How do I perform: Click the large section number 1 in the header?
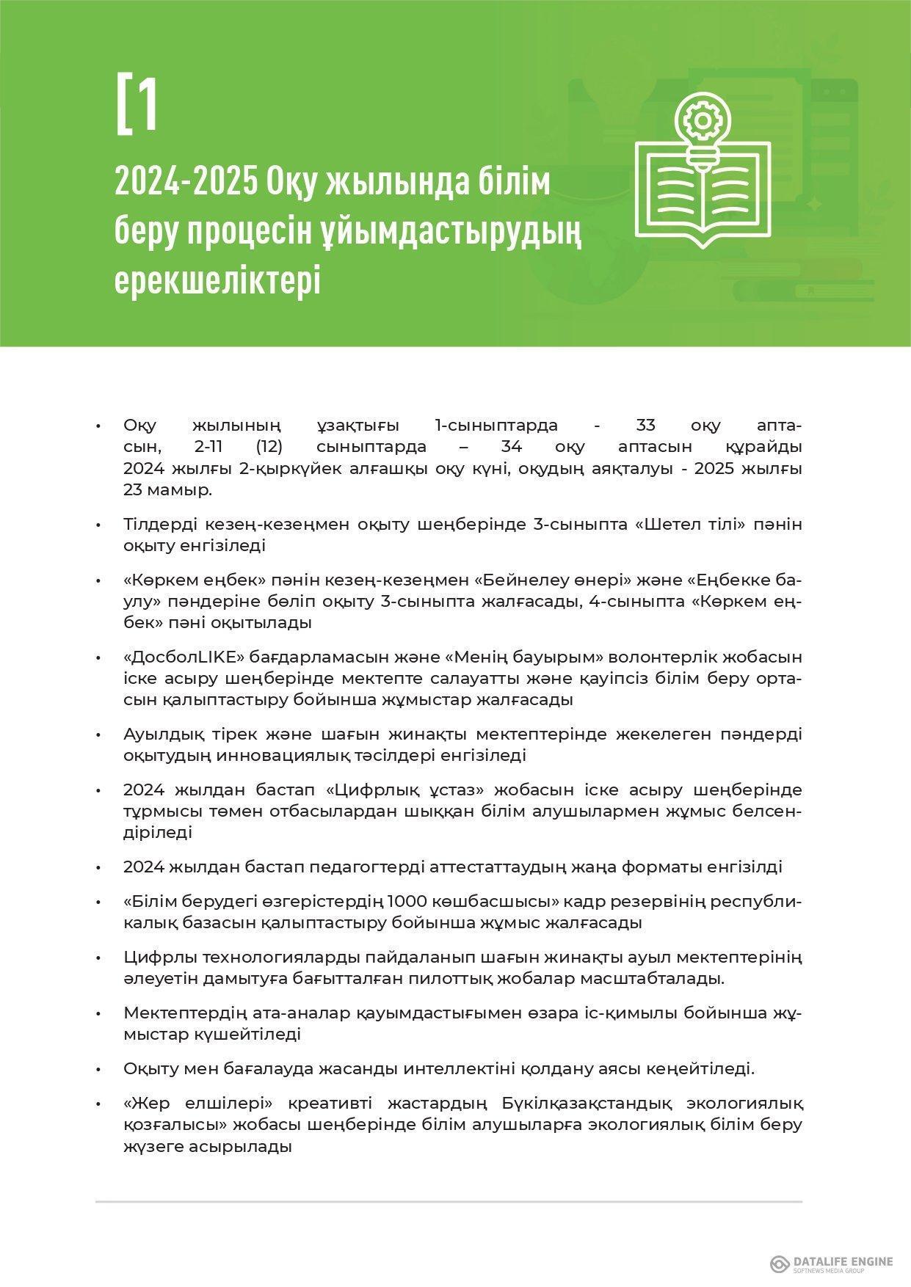coord(146,103)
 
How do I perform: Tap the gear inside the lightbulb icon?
coord(703,119)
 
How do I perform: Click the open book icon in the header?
coord(703,192)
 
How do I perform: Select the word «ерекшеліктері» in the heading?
coord(217,281)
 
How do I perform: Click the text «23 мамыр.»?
coord(168,490)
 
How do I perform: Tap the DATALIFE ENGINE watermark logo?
coord(831,1264)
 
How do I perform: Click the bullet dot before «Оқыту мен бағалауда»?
coord(98,1070)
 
